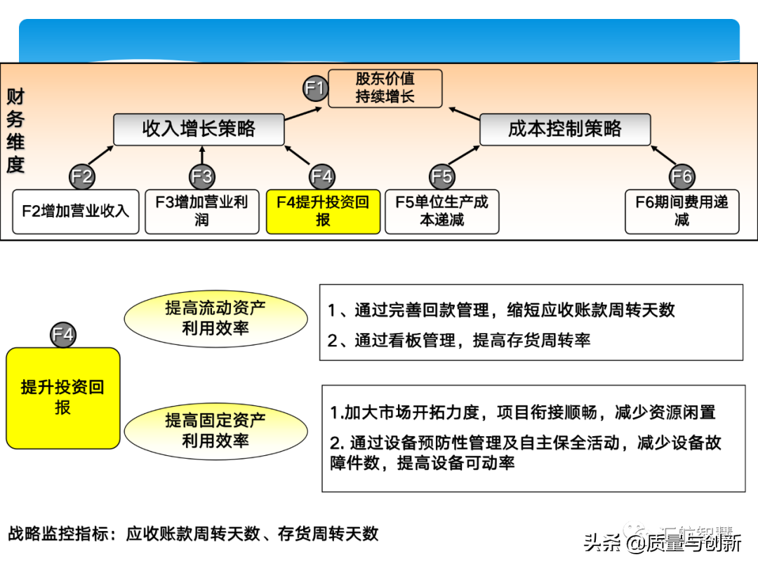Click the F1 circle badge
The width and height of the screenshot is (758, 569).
316,89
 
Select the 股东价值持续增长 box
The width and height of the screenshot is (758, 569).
385,88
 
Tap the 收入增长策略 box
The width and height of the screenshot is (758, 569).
199,129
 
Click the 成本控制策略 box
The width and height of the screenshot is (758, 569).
565,129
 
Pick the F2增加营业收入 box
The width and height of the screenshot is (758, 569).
76,211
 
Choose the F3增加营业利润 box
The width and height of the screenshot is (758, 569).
202,211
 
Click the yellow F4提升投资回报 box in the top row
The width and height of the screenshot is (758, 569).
323,211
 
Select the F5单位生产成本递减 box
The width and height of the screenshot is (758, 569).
442,211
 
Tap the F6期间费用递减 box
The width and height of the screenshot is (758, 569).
682,211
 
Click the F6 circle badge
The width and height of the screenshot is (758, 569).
682,176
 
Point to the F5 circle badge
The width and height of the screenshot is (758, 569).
442,176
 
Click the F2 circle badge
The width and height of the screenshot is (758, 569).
82,176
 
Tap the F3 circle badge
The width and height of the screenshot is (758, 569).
202,176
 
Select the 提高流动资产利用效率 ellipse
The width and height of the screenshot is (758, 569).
215,318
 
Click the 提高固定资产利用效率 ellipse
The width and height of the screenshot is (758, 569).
215,430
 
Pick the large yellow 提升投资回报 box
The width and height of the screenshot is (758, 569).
63,398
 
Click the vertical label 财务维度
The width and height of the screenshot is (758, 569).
15,131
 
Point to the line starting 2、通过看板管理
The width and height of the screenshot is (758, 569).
459,341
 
